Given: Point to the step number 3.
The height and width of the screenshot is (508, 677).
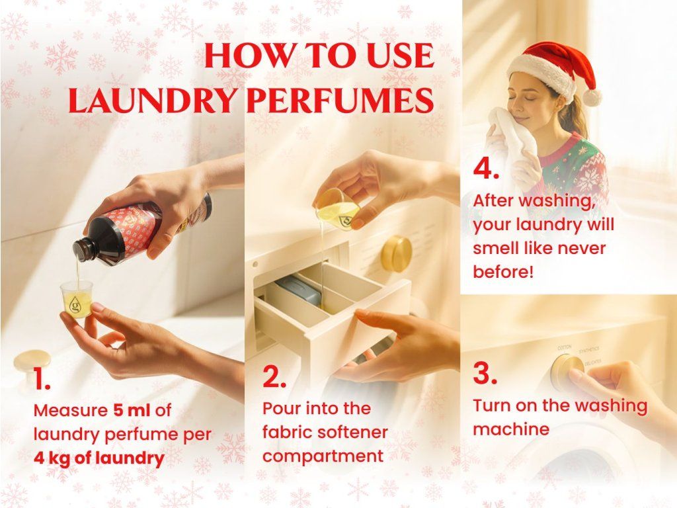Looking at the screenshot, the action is pyautogui.click(x=485, y=373).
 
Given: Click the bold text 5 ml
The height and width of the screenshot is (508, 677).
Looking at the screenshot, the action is pyautogui.click(x=132, y=410).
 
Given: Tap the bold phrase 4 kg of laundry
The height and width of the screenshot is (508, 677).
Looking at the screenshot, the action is pyautogui.click(x=99, y=458).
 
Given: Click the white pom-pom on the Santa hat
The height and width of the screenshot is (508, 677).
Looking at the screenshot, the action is pyautogui.click(x=592, y=98).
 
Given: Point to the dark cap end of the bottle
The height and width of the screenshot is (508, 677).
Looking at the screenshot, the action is pyautogui.click(x=81, y=249).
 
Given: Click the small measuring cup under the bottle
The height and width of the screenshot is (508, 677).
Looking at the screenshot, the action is pyautogui.click(x=77, y=300).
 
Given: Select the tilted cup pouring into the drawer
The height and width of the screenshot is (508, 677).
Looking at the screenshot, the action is pyautogui.click(x=338, y=208).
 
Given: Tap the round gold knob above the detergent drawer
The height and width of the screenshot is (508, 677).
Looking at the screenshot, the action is pyautogui.click(x=396, y=254).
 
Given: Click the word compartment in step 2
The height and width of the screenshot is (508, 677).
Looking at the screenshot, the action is pyautogui.click(x=323, y=456).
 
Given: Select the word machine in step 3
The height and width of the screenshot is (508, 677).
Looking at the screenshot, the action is pyautogui.click(x=511, y=429).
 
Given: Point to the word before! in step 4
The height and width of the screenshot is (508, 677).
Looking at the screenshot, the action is pyautogui.click(x=503, y=272).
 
